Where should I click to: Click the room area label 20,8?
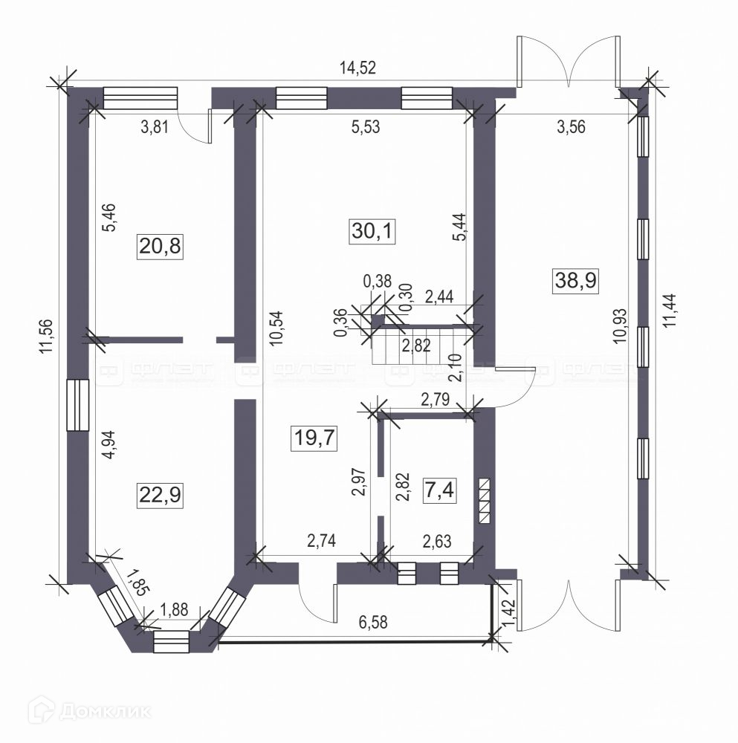(160, 244)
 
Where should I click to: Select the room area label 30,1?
(372, 232)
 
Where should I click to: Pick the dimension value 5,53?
(365, 127)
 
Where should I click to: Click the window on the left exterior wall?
(77, 405)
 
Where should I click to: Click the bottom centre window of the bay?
(172, 641)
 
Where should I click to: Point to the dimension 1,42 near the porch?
(508, 611)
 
